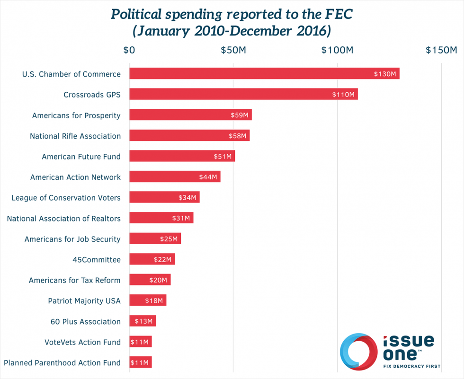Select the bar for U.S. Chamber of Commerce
click(264, 74)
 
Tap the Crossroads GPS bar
click(243, 94)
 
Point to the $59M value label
click(239, 115)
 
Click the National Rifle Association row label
click(75, 136)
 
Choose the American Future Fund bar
click(182, 156)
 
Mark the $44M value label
click(208, 177)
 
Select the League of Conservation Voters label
click(66, 198)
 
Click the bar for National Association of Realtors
click(161, 218)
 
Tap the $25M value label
click(169, 239)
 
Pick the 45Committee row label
click(97, 260)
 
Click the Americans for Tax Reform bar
click(150, 280)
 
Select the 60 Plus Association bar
click(143, 321)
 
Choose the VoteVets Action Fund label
click(82, 342)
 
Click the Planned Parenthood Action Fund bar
click(140, 362)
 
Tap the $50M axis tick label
click(233, 50)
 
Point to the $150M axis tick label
click(441, 50)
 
